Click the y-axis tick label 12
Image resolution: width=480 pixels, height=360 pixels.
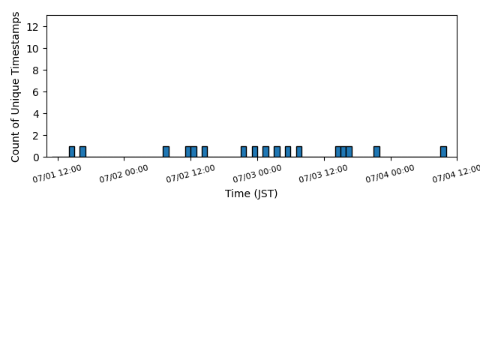pos(32,27)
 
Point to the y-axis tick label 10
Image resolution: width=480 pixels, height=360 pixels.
pos(32,49)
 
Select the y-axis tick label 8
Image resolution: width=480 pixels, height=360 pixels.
pos(35,70)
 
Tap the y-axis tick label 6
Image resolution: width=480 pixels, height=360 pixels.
pos(35,92)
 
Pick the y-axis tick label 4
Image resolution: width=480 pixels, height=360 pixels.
pos(35,114)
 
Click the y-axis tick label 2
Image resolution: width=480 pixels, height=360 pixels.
pos(35,136)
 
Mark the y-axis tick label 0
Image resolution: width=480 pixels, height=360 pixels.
pos(35,157)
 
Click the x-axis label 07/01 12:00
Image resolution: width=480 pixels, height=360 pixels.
pos(57,173)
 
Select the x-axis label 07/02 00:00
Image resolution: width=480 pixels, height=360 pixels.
pos(124,173)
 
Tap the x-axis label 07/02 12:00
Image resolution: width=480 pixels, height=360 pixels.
pos(190,173)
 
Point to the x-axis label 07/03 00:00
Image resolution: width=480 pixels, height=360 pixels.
pos(257,173)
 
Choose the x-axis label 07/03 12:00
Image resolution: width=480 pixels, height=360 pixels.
pos(323,173)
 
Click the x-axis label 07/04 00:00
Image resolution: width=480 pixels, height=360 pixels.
pos(390,173)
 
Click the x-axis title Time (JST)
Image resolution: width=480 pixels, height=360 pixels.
pos(251,193)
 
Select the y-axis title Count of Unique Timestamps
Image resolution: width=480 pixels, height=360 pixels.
pos(15,87)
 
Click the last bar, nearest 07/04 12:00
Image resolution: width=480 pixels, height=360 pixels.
pos(443,151)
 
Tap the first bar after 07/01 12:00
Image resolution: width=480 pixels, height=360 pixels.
pos(72,151)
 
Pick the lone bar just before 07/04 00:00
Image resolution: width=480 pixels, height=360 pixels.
pos(376,151)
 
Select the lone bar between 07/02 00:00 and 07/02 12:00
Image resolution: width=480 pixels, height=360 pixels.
pos(166,151)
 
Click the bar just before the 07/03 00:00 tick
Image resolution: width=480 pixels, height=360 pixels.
pos(255,151)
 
